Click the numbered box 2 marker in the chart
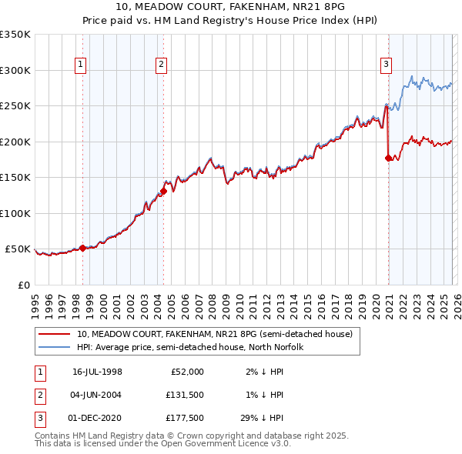[x=161, y=65]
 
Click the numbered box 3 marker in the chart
[x=385, y=65]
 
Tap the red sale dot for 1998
[x=82, y=248]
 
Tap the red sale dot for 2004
[x=163, y=191]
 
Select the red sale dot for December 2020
[x=388, y=158]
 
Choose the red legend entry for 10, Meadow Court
[x=214, y=334]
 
